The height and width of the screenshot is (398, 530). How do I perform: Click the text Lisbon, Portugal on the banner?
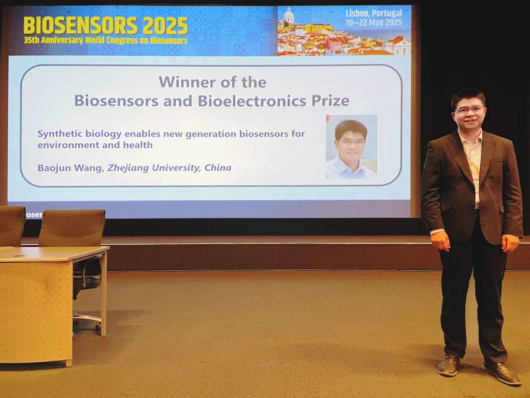(x=374, y=14)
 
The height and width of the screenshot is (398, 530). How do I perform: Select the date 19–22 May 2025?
(x=374, y=23)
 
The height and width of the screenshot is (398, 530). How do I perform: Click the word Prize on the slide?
(x=330, y=101)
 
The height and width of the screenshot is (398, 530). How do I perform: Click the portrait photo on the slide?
(x=351, y=147)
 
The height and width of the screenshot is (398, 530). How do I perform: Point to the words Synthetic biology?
(x=79, y=134)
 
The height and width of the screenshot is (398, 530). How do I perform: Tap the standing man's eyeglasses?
(x=470, y=110)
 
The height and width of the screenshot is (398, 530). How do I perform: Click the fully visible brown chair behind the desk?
(x=72, y=228)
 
